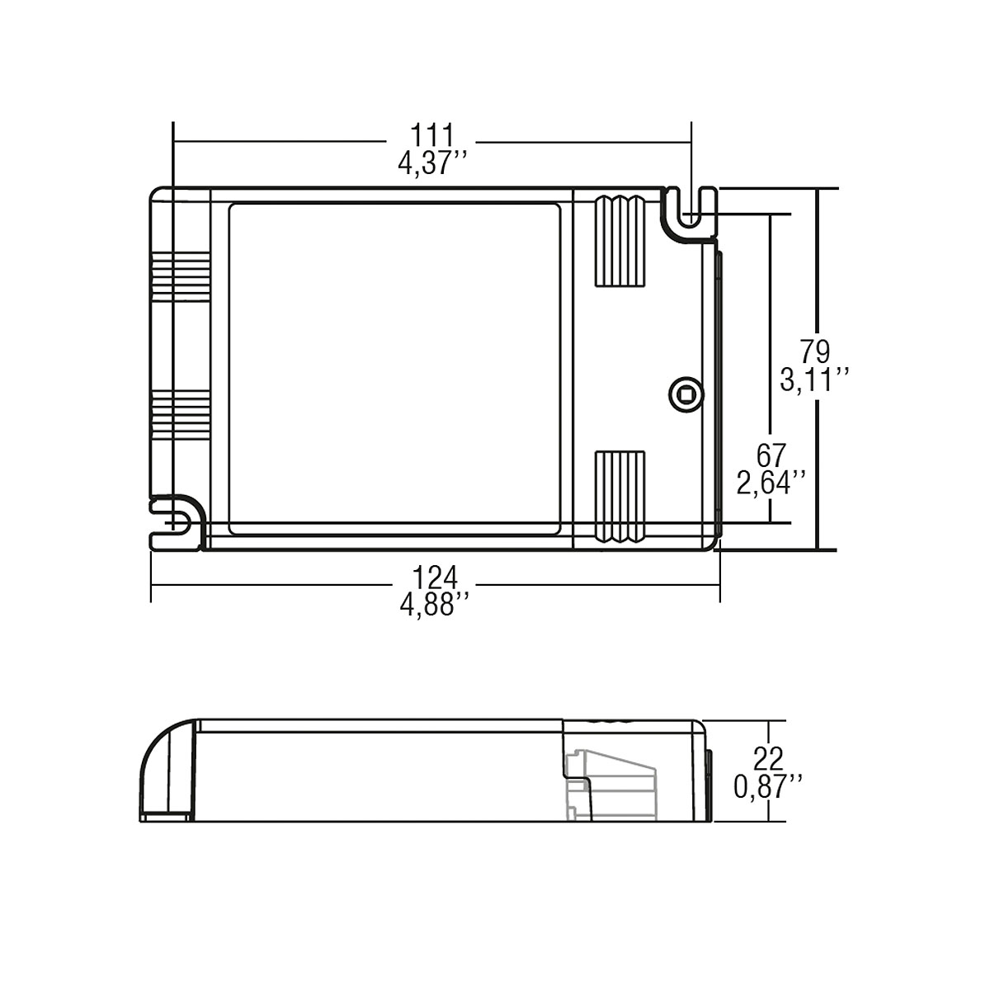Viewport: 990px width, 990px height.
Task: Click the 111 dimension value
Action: point(432,135)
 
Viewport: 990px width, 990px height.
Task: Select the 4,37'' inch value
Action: point(432,163)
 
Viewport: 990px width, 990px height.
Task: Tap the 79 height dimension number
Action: point(815,352)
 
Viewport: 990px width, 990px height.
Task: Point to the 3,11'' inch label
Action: point(815,380)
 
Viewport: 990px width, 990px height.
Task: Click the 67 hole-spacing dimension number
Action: point(772,455)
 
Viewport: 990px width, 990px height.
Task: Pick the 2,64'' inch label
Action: point(772,483)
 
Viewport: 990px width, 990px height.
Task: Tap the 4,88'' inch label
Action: point(435,605)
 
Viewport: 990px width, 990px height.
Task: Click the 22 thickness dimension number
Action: point(768,757)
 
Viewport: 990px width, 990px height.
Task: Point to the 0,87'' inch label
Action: point(768,785)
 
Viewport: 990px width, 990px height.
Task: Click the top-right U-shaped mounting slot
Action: point(691,213)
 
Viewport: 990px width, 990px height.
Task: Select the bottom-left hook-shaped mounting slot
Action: point(175,523)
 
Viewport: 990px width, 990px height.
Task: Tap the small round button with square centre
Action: point(684,393)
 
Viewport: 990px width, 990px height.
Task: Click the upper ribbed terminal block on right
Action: point(619,241)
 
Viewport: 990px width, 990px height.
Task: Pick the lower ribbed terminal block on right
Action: point(619,497)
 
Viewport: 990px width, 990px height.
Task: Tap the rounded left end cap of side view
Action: point(165,771)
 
